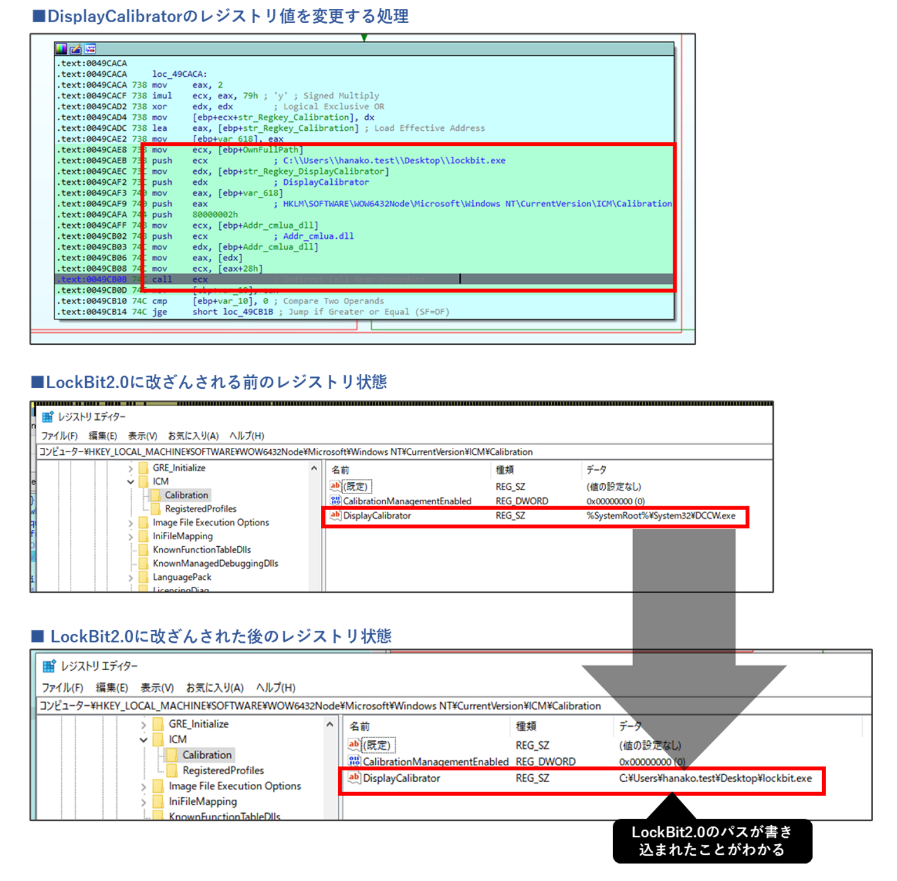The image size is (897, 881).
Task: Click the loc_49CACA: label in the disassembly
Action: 179,74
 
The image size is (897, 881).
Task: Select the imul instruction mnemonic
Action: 161,96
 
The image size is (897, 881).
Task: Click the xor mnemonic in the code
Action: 159,107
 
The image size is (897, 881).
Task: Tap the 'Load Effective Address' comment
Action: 429,128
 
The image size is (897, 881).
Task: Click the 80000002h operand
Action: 215,215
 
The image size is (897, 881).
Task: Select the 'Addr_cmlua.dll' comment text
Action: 318,236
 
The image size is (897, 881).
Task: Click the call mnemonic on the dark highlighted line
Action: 161,279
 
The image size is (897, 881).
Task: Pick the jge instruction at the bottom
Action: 159,312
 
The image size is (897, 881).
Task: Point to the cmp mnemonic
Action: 159,301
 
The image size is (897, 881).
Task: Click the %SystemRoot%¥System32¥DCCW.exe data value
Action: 661,516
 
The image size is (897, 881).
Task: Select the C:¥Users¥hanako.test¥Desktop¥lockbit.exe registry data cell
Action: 715,778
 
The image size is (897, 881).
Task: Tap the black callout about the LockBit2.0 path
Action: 712,841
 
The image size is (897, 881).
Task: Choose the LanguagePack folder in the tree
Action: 182,577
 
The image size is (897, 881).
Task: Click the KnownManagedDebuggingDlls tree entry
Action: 215,563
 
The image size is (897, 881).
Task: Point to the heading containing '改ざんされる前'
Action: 209,382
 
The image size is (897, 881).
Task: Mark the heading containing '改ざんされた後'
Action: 212,636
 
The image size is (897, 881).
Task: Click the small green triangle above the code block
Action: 364,38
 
